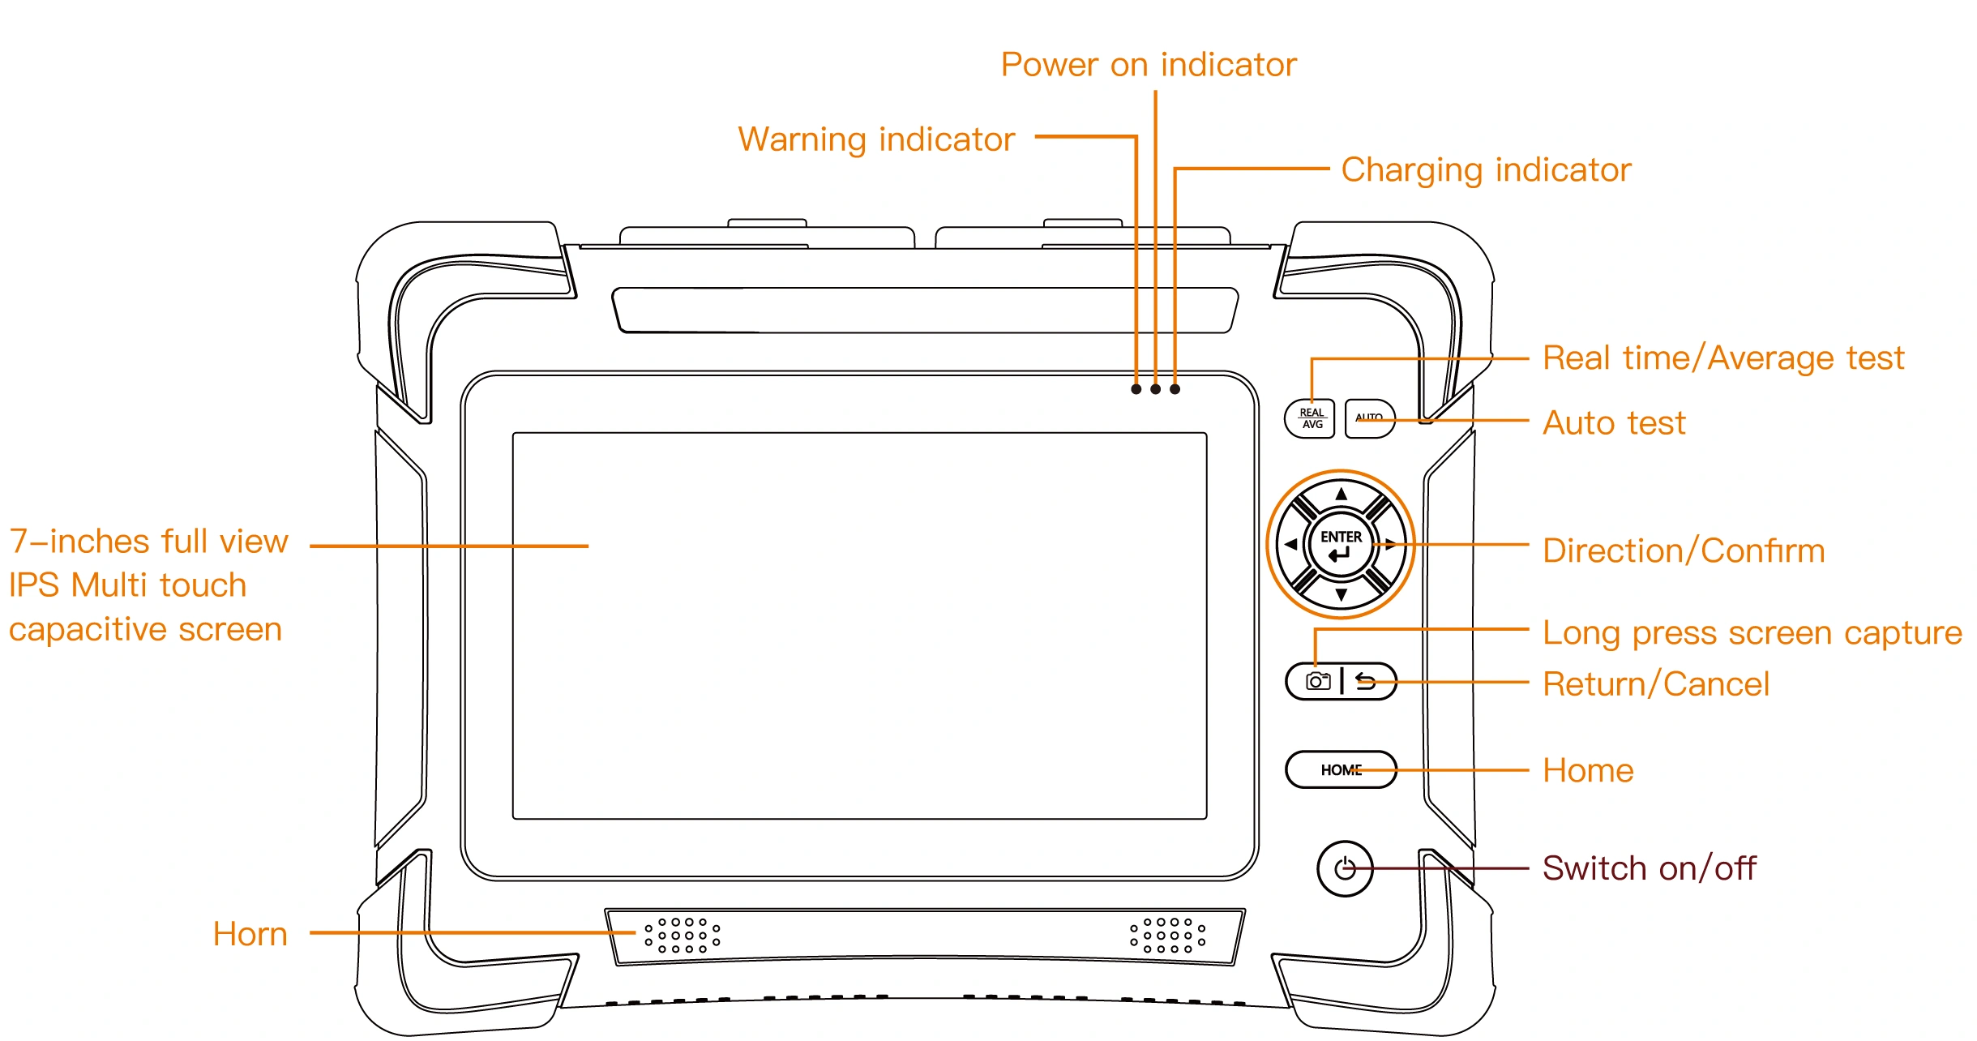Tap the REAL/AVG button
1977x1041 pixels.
coord(1310,418)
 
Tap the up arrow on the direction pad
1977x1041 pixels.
coord(1342,493)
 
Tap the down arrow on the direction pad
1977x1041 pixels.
coord(1342,595)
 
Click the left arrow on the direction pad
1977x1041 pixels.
coord(1290,545)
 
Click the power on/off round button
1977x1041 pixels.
coord(1345,868)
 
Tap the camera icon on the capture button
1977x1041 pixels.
coord(1318,681)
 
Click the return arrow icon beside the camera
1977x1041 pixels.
coord(1366,681)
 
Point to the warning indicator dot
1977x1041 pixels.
coord(1136,389)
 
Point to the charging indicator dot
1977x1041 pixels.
coord(1175,389)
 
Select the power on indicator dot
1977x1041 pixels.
coord(1156,389)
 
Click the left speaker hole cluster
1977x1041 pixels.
coord(682,935)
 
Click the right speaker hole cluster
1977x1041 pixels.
coord(1167,935)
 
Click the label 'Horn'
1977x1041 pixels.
coord(250,934)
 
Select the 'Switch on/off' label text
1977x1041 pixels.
coord(1649,868)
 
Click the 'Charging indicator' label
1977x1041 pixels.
coord(1485,170)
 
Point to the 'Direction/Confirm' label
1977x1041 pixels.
coord(1683,550)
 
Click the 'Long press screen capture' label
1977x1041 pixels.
coord(1751,633)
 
